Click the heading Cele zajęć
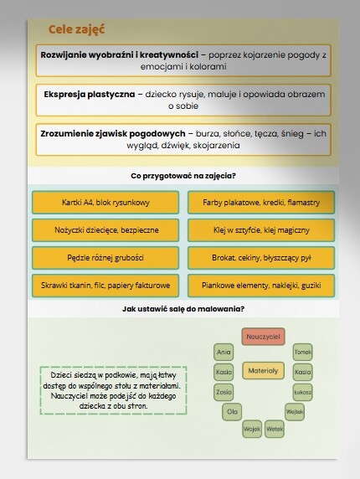pos(76,30)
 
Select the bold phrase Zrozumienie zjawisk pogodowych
pos(112,132)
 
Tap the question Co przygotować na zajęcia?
pos(183,176)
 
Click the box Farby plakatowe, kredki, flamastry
pos(261,203)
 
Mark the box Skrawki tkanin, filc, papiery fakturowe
pos(105,286)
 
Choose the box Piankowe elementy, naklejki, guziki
pos(261,286)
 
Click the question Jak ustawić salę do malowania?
pos(183,309)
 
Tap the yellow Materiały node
pos(264,369)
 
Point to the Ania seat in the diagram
pos(224,352)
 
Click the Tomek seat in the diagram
pos(303,352)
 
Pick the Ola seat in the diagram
pos(233,411)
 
